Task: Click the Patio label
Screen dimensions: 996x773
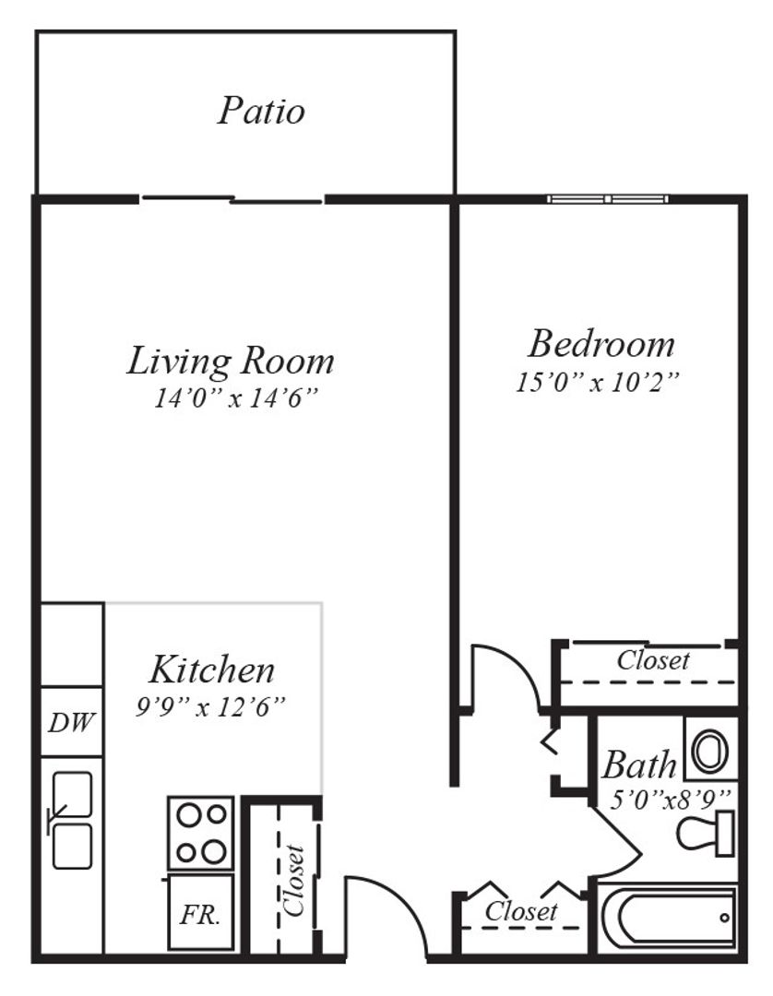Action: click(261, 111)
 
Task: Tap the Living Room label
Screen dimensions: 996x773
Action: click(230, 361)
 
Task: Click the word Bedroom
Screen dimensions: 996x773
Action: click(601, 344)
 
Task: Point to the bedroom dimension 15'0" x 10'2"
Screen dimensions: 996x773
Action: click(598, 382)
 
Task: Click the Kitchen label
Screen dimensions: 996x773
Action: click(211, 668)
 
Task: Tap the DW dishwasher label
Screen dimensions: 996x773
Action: click(71, 722)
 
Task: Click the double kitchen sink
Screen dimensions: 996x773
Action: click(72, 820)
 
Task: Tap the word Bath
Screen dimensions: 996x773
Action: click(639, 765)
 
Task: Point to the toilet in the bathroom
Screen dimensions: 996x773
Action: click(707, 833)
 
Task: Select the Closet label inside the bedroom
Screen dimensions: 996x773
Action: click(652, 660)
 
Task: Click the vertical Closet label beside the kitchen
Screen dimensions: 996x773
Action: click(296, 879)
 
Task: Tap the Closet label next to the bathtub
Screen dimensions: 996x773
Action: click(521, 911)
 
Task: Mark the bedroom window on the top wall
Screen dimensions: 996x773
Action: click(607, 198)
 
